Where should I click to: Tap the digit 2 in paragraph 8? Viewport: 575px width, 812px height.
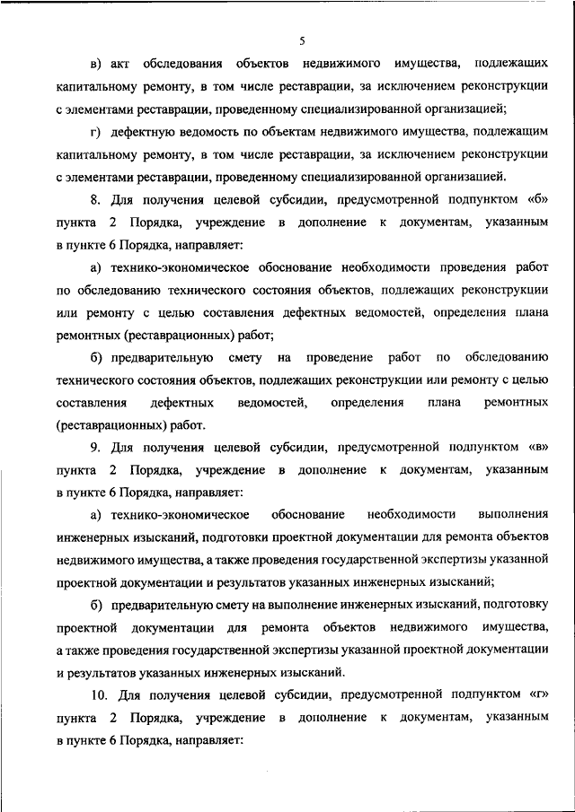(x=112, y=221)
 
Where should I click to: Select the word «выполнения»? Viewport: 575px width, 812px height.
(x=514, y=514)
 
